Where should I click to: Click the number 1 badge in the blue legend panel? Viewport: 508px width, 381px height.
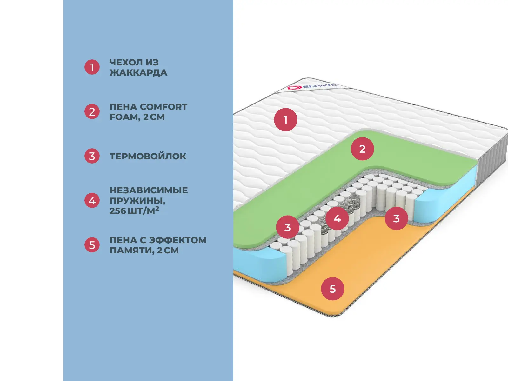click(92, 67)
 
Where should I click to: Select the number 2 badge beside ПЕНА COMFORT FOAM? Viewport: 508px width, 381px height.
click(92, 112)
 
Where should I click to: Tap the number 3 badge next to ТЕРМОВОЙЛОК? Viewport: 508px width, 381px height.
click(92, 156)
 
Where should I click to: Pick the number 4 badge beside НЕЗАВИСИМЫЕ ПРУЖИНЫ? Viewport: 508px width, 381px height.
click(92, 201)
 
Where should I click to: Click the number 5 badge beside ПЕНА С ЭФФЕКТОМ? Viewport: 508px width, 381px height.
click(92, 245)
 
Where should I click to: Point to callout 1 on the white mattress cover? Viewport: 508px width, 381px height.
click(285, 120)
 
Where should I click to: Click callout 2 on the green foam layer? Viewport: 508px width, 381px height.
click(362, 149)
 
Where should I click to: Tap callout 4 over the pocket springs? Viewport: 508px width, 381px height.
click(337, 218)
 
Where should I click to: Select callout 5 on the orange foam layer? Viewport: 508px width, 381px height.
click(332, 289)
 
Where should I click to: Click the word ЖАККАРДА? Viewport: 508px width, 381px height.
click(138, 73)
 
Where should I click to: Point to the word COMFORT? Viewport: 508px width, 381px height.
click(164, 107)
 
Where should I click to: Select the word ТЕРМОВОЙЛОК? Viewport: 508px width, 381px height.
click(148, 156)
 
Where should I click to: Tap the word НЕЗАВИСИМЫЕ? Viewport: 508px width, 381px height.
click(149, 190)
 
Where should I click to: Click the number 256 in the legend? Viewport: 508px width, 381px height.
click(118, 211)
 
